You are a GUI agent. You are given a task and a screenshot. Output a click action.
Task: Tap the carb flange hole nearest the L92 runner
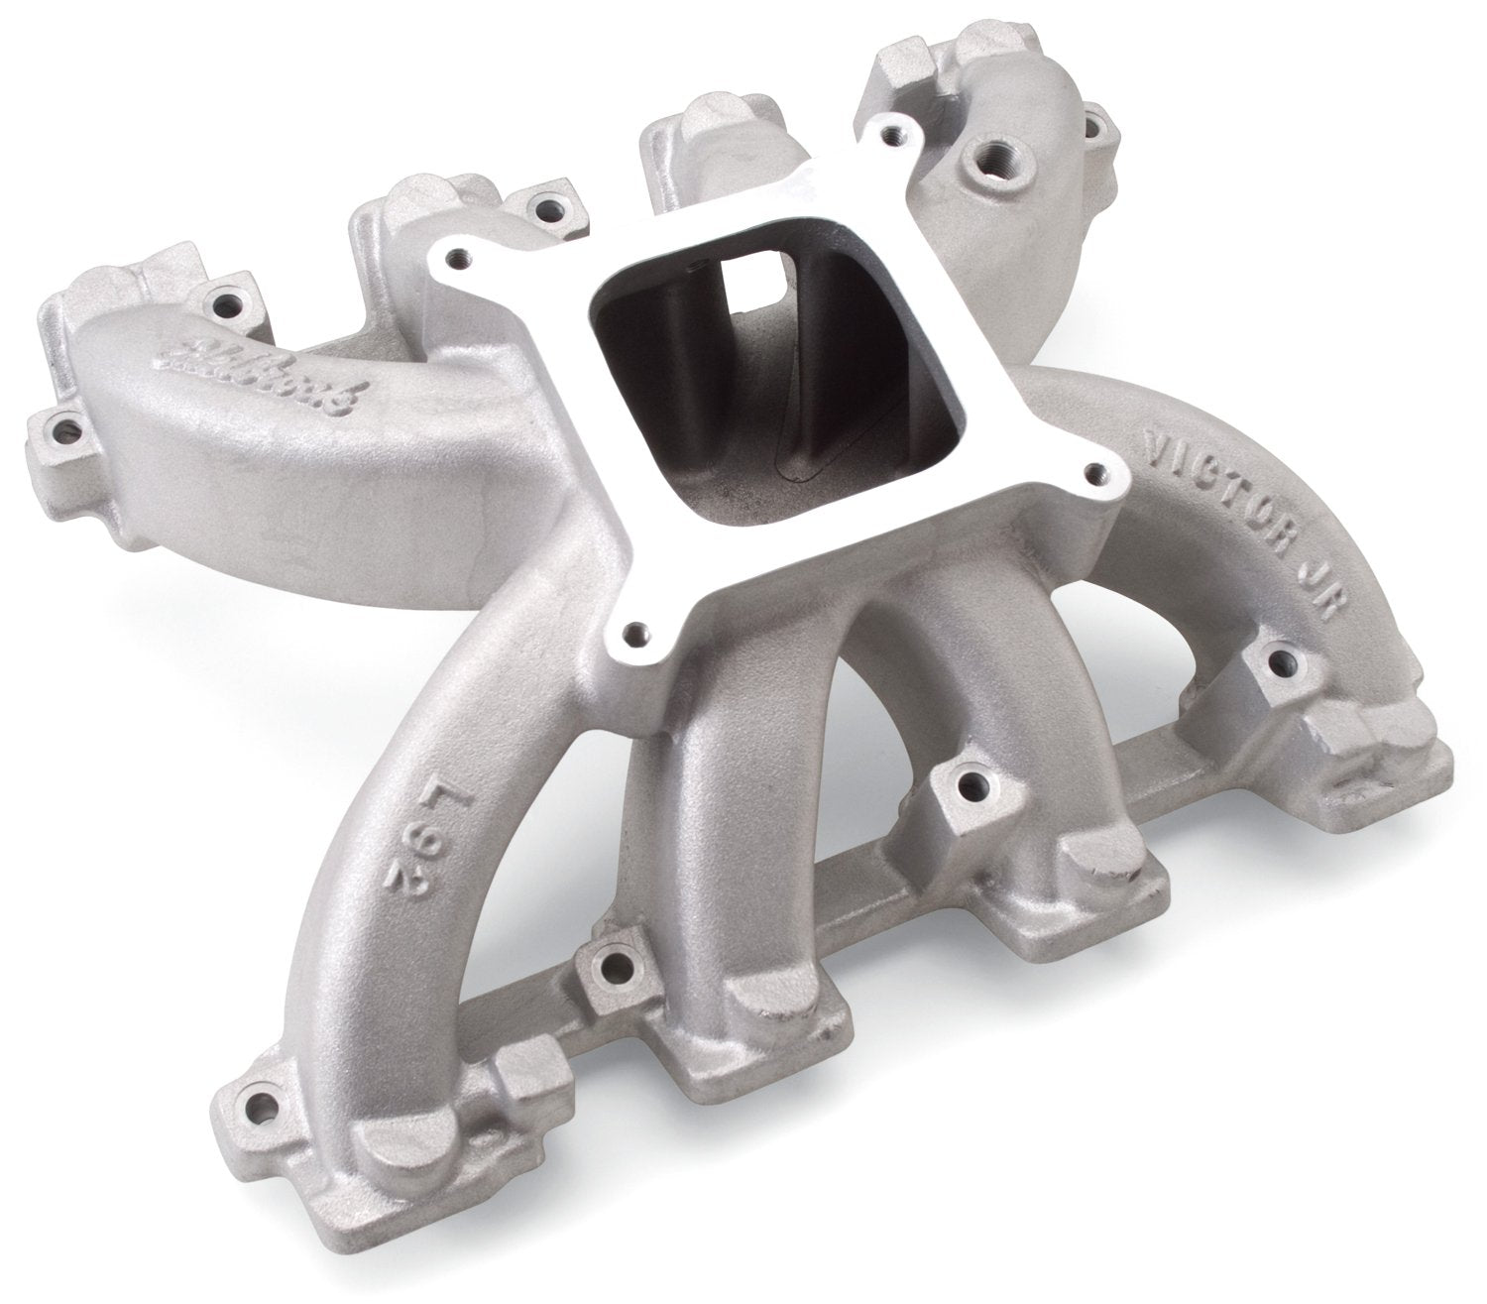click(634, 629)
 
